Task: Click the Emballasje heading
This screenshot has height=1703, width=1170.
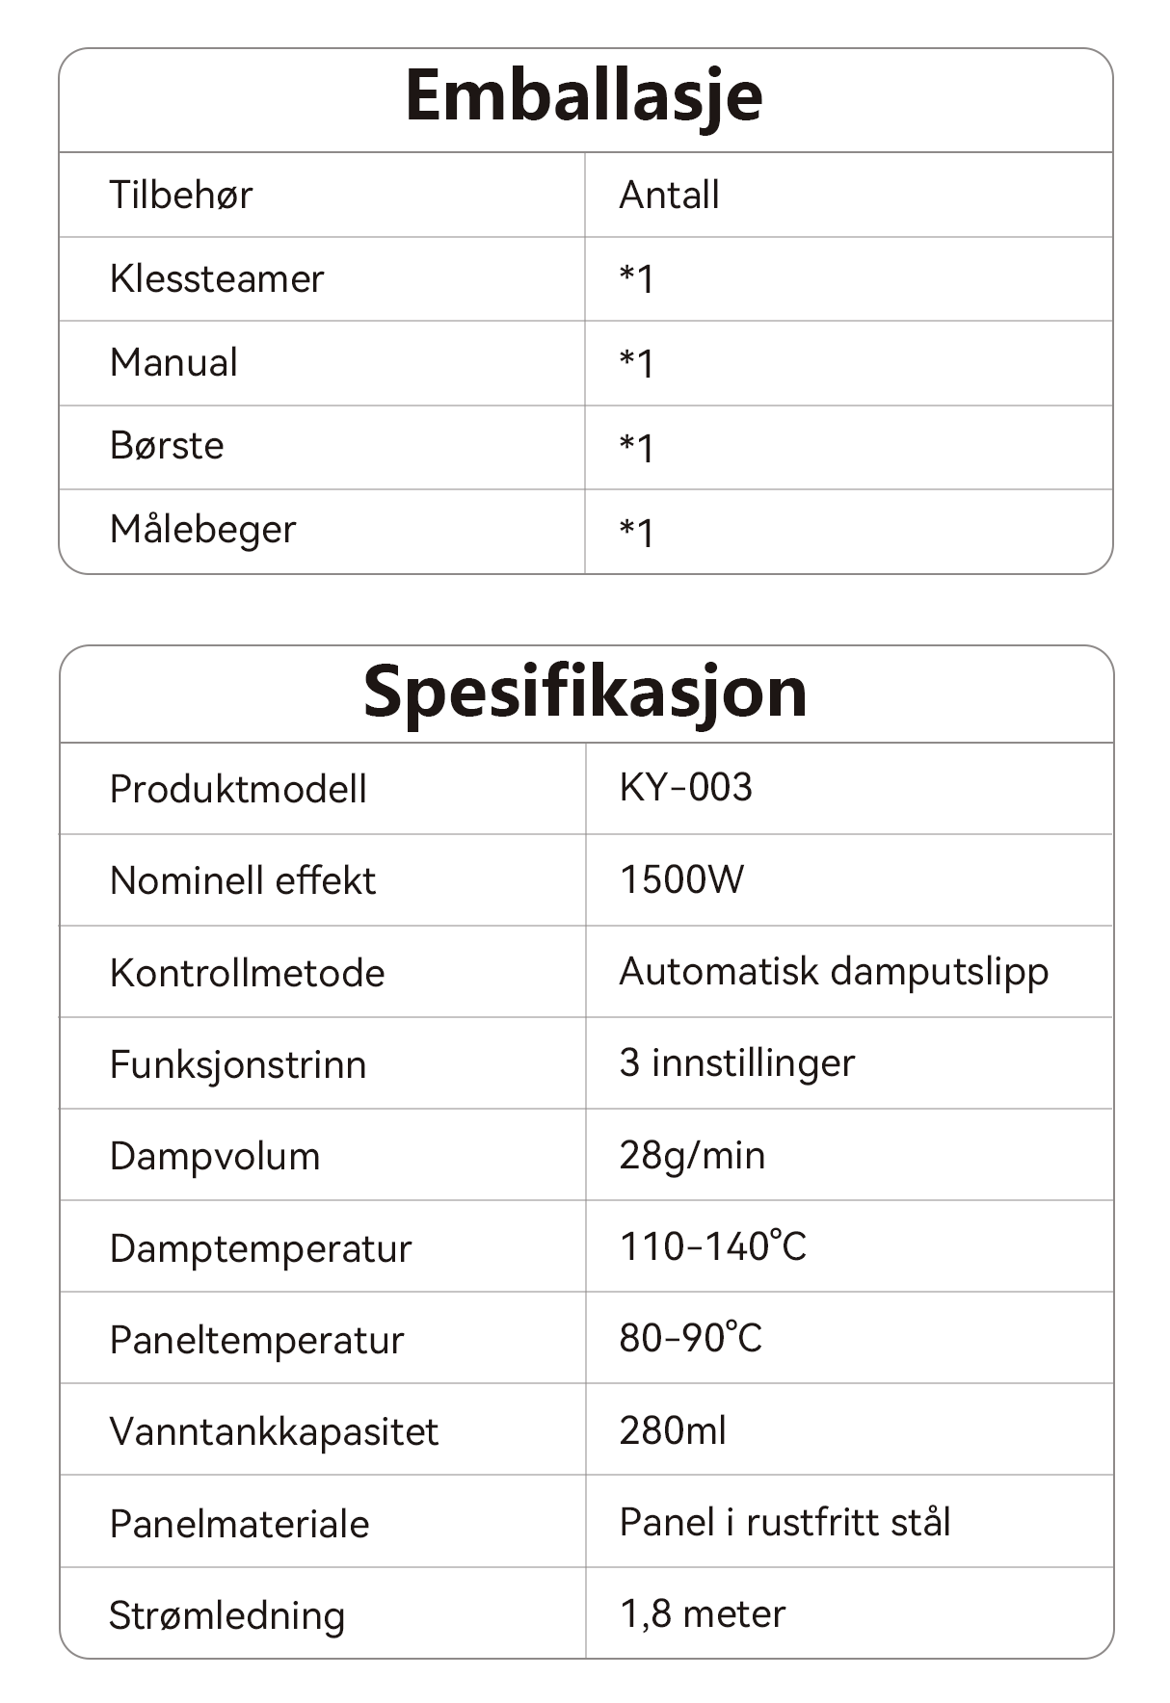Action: pyautogui.click(x=584, y=96)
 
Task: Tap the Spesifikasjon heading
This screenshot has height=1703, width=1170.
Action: pyautogui.click(x=584, y=693)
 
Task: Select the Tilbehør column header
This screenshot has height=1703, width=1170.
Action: pyautogui.click(x=180, y=195)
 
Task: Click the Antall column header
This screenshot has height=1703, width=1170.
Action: pyautogui.click(x=669, y=195)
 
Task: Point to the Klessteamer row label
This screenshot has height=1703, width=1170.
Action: pyautogui.click(x=217, y=278)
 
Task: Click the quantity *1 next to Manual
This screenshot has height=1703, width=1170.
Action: pyautogui.click(x=636, y=363)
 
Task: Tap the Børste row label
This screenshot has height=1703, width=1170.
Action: pyautogui.click(x=167, y=446)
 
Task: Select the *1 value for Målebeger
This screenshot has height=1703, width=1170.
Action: pyautogui.click(x=636, y=532)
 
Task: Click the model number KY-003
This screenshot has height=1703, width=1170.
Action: pyautogui.click(x=685, y=788)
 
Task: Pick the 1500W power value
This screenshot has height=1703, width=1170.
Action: pyautogui.click(x=681, y=879)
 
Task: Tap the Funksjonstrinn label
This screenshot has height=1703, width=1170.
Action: pyautogui.click(x=238, y=1064)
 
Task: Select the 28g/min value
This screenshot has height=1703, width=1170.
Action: pyautogui.click(x=692, y=1155)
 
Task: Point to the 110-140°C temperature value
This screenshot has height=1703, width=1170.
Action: pyautogui.click(x=712, y=1246)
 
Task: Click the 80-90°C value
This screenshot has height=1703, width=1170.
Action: pyautogui.click(x=690, y=1338)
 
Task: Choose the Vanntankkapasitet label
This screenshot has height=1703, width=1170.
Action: pyautogui.click(x=274, y=1431)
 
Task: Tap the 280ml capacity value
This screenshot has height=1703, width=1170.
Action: pyautogui.click(x=673, y=1430)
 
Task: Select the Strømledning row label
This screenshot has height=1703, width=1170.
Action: pyautogui.click(x=226, y=1615)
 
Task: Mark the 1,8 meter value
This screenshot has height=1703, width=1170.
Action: pyautogui.click(x=703, y=1613)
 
